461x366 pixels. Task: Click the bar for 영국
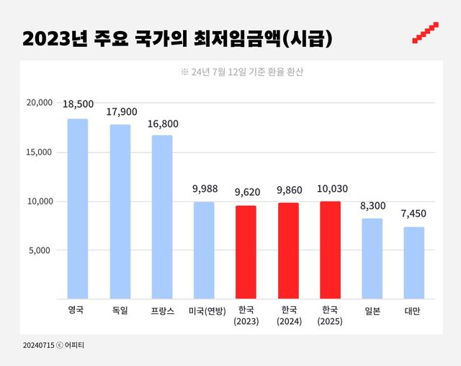[x=78, y=209]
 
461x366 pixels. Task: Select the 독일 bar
[x=120, y=212]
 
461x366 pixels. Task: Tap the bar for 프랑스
[x=162, y=217]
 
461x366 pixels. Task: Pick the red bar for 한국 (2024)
[x=288, y=250]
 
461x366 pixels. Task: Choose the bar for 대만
[x=414, y=263]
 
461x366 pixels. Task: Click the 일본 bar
[x=372, y=258]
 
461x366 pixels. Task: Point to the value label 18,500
[x=78, y=105]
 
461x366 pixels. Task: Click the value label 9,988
[x=204, y=189]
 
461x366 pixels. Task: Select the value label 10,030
[x=330, y=188]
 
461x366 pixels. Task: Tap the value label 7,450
[x=414, y=214]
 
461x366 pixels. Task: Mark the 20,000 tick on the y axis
[x=39, y=103]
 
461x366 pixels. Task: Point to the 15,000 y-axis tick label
[x=39, y=152]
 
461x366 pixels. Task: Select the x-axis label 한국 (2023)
[x=246, y=315]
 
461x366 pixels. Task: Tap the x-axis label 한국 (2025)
[x=330, y=315]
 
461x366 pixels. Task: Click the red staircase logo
[x=426, y=33]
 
